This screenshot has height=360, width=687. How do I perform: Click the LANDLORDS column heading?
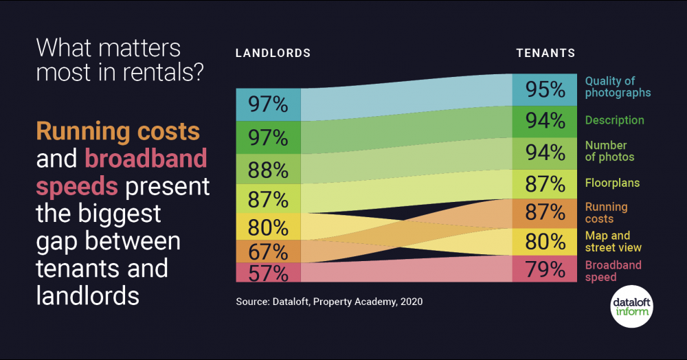pos(273,53)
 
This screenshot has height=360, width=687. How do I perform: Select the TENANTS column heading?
pos(545,53)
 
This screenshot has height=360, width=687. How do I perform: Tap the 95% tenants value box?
pos(545,90)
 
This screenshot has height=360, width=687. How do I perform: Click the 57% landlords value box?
pos(268,273)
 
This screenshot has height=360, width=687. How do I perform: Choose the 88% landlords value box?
pos(268,169)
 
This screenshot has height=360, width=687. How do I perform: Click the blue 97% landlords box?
pos(268,104)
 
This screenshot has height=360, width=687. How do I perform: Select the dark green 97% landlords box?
pos(268,137)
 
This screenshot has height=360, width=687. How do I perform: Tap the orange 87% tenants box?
pos(545,213)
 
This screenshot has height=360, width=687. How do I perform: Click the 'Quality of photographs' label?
pos(618,87)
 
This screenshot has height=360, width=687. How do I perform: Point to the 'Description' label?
pos(614,120)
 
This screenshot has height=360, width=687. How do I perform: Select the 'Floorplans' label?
pos(612,183)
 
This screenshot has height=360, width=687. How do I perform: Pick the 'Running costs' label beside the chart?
pos(606,213)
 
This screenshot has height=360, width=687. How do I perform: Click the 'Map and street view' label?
pos(613,241)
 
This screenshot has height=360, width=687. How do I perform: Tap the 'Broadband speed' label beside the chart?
pos(613,271)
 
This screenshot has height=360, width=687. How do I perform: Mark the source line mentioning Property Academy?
pos(329,301)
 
